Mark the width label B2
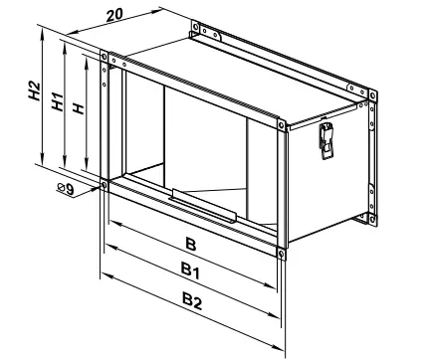pos(191,301)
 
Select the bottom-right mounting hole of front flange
pos(282,253)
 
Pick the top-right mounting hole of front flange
pos(278,125)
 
